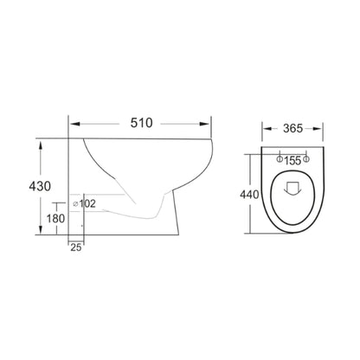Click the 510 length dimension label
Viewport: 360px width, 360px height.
pyautogui.click(x=141, y=123)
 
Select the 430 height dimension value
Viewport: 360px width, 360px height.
pyautogui.click(x=40, y=186)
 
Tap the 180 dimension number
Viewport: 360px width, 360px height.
pyautogui.click(x=55, y=219)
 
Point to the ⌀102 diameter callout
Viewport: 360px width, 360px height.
pyautogui.click(x=84, y=204)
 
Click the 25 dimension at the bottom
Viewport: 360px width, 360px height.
pyautogui.click(x=76, y=247)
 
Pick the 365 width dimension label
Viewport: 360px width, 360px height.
pyautogui.click(x=292, y=128)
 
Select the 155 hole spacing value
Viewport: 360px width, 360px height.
pyautogui.click(x=292, y=161)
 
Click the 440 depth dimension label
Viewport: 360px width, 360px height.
pyautogui.click(x=249, y=195)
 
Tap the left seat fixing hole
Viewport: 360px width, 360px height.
pyautogui.click(x=280, y=159)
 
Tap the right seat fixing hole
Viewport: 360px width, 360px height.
pyautogui.click(x=306, y=158)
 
